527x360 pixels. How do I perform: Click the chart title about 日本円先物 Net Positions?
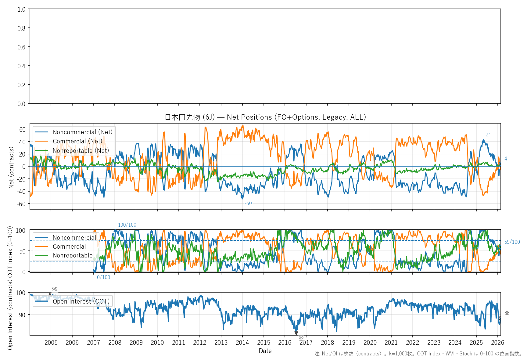pyautogui.click(x=265, y=117)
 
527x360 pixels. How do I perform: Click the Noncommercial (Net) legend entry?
pyautogui.click(x=82, y=132)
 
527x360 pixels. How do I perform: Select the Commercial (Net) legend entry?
pyautogui.click(x=77, y=141)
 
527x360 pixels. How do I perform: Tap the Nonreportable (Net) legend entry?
pyautogui.click(x=81, y=151)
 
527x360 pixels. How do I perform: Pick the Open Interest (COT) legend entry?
pyautogui.click(x=81, y=301)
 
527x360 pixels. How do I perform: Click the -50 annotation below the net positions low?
pyautogui.click(x=248, y=203)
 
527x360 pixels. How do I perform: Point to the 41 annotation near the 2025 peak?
pyautogui.click(x=489, y=135)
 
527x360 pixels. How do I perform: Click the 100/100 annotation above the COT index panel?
pyautogui.click(x=127, y=225)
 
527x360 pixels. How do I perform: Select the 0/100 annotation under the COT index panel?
pyautogui.click(x=103, y=277)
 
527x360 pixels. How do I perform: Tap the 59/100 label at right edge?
pyautogui.click(x=512, y=242)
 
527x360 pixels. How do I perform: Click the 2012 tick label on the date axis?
pyautogui.click(x=200, y=343)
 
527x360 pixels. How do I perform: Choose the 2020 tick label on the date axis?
pyautogui.click(x=370, y=343)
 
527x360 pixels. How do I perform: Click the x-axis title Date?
pyautogui.click(x=265, y=351)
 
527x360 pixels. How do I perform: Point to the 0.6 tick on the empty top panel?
pyautogui.click(x=21, y=47)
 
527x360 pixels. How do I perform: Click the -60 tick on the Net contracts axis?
pyautogui.click(x=22, y=204)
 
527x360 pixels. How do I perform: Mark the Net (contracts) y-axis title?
pyautogui.click(x=11, y=167)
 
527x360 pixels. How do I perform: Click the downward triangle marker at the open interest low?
pyautogui.click(x=296, y=333)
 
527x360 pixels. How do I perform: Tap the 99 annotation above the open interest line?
pyautogui.click(x=55, y=289)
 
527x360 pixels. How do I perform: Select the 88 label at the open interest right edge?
pyautogui.click(x=507, y=313)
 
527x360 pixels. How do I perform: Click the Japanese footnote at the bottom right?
pyautogui.click(x=418, y=354)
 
